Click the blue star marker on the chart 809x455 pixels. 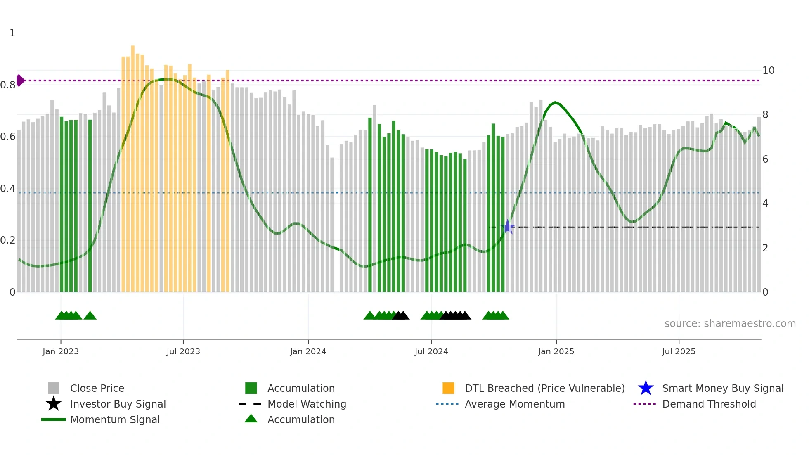pyautogui.click(x=508, y=227)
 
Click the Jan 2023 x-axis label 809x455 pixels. pyautogui.click(x=61, y=351)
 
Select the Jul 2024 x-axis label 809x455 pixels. pyautogui.click(x=431, y=351)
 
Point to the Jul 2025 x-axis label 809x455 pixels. pyautogui.click(x=679, y=351)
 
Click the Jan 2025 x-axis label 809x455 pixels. pyautogui.click(x=556, y=351)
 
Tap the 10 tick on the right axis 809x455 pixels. pyautogui.click(x=768, y=71)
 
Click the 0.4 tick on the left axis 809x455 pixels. pyautogui.click(x=8, y=189)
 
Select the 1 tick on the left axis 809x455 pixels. pyautogui.click(x=12, y=33)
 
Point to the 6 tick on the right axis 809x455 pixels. pyautogui.click(x=765, y=159)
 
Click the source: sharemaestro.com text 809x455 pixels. pyautogui.click(x=730, y=324)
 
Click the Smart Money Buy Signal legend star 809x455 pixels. pyautogui.click(x=646, y=388)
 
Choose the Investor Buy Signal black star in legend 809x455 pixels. pyautogui.click(x=54, y=404)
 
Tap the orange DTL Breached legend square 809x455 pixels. pyautogui.click(x=448, y=388)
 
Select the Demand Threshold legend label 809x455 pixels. pyautogui.click(x=709, y=404)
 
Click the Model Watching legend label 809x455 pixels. pyautogui.click(x=307, y=404)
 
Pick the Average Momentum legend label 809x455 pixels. pyautogui.click(x=515, y=404)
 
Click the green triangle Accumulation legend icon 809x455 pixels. pyautogui.click(x=251, y=419)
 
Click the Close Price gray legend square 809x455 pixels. pyautogui.click(x=54, y=388)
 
